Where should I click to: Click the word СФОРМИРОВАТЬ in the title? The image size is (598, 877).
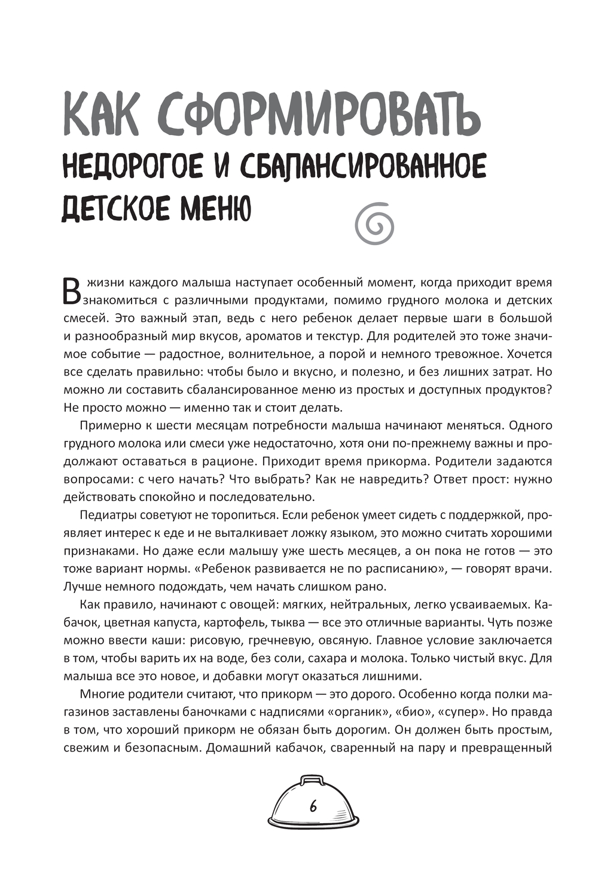(x=321, y=114)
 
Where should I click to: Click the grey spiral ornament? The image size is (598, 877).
(x=375, y=222)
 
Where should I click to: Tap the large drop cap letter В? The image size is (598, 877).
(x=72, y=290)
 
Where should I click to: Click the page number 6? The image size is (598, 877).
(x=313, y=806)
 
